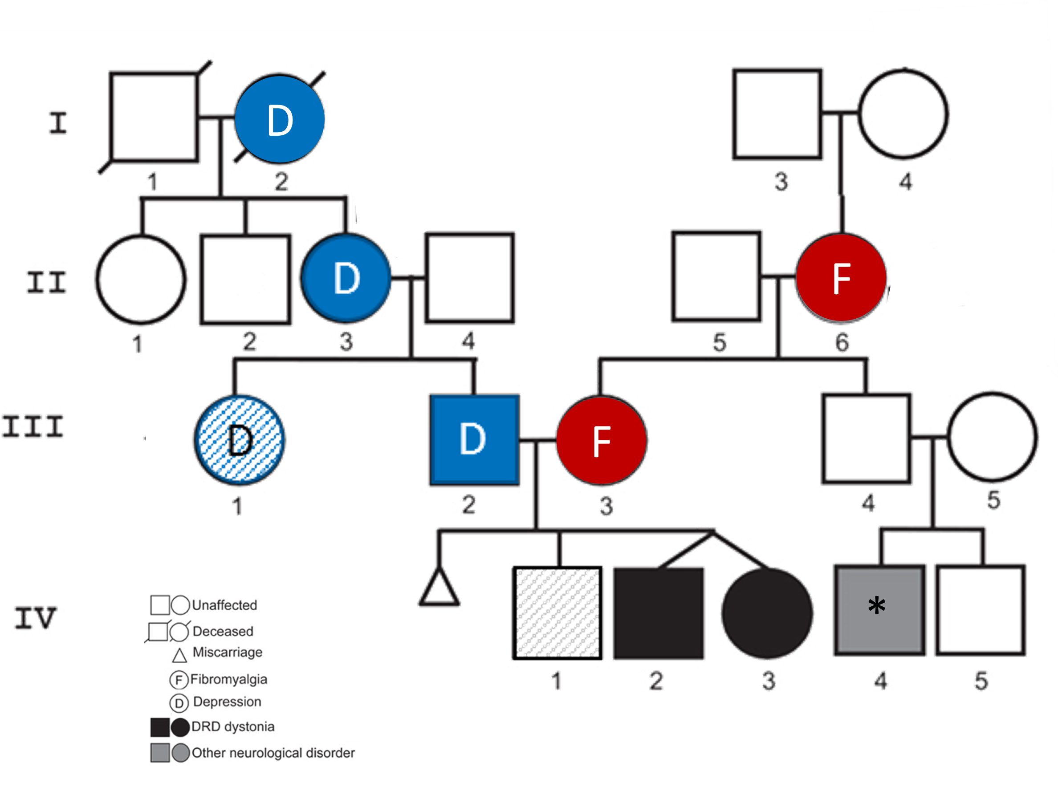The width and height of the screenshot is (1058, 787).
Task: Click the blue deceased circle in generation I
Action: pyautogui.click(x=280, y=119)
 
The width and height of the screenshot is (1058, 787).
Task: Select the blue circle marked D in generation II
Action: pyautogui.click(x=346, y=278)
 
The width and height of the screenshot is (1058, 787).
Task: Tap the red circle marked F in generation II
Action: pyautogui.click(x=841, y=278)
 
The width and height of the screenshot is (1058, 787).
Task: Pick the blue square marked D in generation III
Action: pyautogui.click(x=474, y=440)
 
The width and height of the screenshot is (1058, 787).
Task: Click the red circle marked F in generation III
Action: pyautogui.click(x=602, y=441)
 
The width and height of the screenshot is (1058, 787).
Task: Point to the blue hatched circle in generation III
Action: pyautogui.click(x=239, y=440)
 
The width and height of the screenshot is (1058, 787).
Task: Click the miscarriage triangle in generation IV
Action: pyautogui.click(x=439, y=589)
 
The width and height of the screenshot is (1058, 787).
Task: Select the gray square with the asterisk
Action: pyautogui.click(x=879, y=610)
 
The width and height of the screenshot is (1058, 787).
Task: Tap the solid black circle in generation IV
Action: pyautogui.click(x=767, y=613)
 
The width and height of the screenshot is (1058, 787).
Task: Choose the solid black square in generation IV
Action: pyautogui.click(x=658, y=613)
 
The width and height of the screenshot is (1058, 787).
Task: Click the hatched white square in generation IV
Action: pyautogui.click(x=557, y=613)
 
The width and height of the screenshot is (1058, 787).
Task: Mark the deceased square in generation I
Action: pyautogui.click(x=154, y=117)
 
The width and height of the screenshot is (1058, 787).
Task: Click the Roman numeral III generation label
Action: pyautogui.click(x=33, y=426)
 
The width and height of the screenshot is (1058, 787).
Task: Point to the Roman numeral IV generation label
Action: pyautogui.click(x=35, y=618)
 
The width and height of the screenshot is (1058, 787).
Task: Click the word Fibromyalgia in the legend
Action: pyautogui.click(x=228, y=679)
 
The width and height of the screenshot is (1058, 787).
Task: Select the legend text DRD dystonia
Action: pyautogui.click(x=232, y=726)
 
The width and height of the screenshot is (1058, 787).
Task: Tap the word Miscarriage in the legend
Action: pyautogui.click(x=228, y=652)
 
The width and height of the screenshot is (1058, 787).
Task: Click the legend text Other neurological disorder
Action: pyautogui.click(x=273, y=753)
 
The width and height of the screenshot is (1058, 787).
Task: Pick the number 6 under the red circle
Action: pyautogui.click(x=842, y=342)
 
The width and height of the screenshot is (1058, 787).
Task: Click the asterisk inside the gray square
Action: pyautogui.click(x=876, y=606)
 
